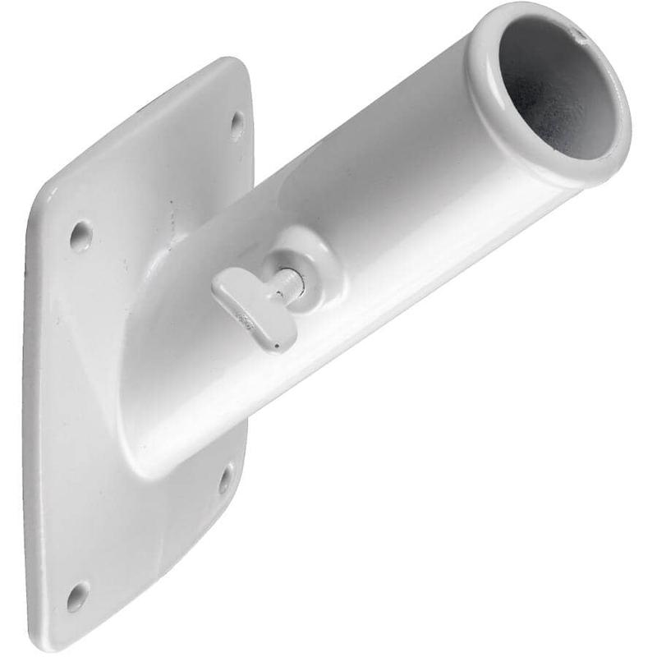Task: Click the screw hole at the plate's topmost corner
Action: click(x=237, y=125)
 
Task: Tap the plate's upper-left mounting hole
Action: click(x=80, y=236)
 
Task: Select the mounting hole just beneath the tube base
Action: click(x=225, y=479)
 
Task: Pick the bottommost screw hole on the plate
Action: click(x=78, y=595)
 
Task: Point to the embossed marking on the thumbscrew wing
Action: click(x=246, y=317)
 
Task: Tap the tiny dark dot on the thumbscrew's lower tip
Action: click(x=277, y=346)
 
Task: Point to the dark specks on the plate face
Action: click(x=172, y=218)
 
